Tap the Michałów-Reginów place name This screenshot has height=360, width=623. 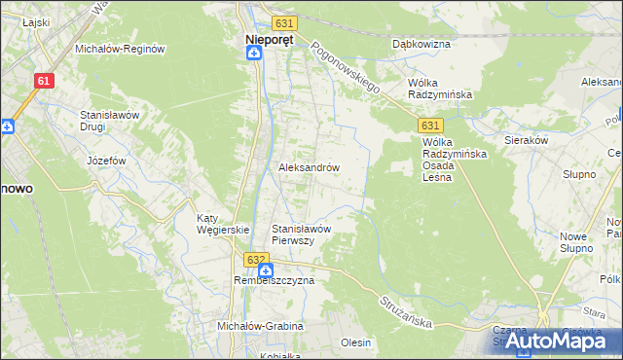coord(121,48)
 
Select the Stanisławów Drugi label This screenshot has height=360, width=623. coord(111,121)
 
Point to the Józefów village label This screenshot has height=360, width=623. coord(107,160)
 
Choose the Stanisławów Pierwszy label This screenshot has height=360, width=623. coord(303,234)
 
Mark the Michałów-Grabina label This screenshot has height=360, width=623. coord(260,326)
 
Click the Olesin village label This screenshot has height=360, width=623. coord(355,342)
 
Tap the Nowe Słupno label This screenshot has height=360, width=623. coord(576,242)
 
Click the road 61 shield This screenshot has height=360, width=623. coord(43,83)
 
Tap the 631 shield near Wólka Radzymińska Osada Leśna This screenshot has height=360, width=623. coord(432,126)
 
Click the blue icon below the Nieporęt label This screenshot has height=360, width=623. coord(253,54)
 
